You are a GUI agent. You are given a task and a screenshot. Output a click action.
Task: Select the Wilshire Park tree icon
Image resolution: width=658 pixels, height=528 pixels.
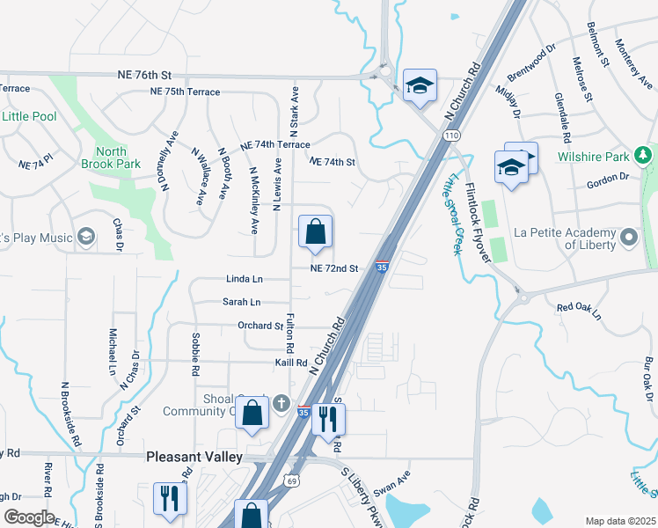[x=644, y=157]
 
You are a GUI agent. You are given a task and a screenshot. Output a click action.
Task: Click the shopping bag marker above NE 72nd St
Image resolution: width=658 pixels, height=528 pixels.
[x=315, y=233]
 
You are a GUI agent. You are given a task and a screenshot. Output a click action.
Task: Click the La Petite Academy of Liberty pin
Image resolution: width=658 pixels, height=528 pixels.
[x=629, y=238]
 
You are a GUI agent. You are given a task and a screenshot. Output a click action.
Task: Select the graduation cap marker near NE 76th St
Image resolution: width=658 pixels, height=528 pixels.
[x=420, y=86]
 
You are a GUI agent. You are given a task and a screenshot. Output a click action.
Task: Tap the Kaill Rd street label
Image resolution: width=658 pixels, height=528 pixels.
[x=289, y=362]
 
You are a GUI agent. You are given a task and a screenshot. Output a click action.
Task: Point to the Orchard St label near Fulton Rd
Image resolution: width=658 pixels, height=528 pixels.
[x=260, y=326]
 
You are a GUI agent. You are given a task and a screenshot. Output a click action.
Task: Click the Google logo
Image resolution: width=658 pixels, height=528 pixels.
[x=28, y=517]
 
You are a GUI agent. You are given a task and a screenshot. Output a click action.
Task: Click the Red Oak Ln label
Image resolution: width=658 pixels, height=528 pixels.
[x=578, y=310]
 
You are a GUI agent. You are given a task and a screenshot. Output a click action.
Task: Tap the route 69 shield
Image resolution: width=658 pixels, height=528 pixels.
[x=290, y=480]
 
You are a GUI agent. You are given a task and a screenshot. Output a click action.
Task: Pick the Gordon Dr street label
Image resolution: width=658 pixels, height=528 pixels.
[x=608, y=177]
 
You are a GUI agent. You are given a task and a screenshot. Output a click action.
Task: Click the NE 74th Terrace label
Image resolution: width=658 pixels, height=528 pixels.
[x=274, y=144]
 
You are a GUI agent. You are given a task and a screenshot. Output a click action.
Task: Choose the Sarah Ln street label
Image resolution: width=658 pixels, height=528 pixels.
[x=241, y=302]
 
